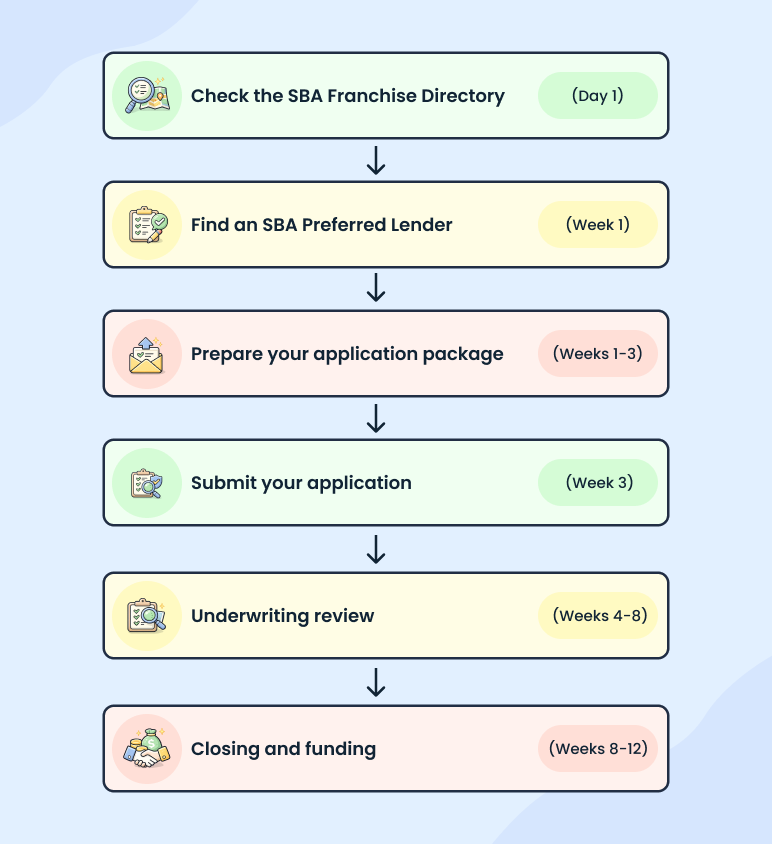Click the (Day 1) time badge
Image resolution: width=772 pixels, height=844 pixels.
597,96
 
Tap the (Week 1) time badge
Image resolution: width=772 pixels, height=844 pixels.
597,225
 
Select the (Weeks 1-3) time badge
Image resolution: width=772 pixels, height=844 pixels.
597,354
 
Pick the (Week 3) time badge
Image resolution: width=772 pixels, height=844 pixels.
597,483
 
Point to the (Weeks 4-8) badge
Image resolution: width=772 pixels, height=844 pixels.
597,616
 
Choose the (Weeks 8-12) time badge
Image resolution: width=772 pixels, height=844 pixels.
597,749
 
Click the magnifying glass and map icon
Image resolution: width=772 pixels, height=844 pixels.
146,96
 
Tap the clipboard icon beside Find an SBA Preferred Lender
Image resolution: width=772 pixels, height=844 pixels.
146,225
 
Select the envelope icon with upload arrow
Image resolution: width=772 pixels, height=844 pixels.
146,354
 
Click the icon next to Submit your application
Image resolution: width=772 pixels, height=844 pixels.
146,483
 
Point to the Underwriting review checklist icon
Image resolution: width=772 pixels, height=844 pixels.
146,616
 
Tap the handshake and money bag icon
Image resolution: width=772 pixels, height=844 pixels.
146,749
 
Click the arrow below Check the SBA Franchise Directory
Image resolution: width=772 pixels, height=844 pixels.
376,160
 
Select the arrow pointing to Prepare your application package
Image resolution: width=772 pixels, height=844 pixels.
376,289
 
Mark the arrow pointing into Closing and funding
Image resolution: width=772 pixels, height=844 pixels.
376,682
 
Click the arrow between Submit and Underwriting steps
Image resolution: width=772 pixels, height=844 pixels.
376,549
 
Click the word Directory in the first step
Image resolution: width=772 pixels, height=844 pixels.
463,97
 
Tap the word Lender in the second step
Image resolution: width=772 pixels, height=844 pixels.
421,225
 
